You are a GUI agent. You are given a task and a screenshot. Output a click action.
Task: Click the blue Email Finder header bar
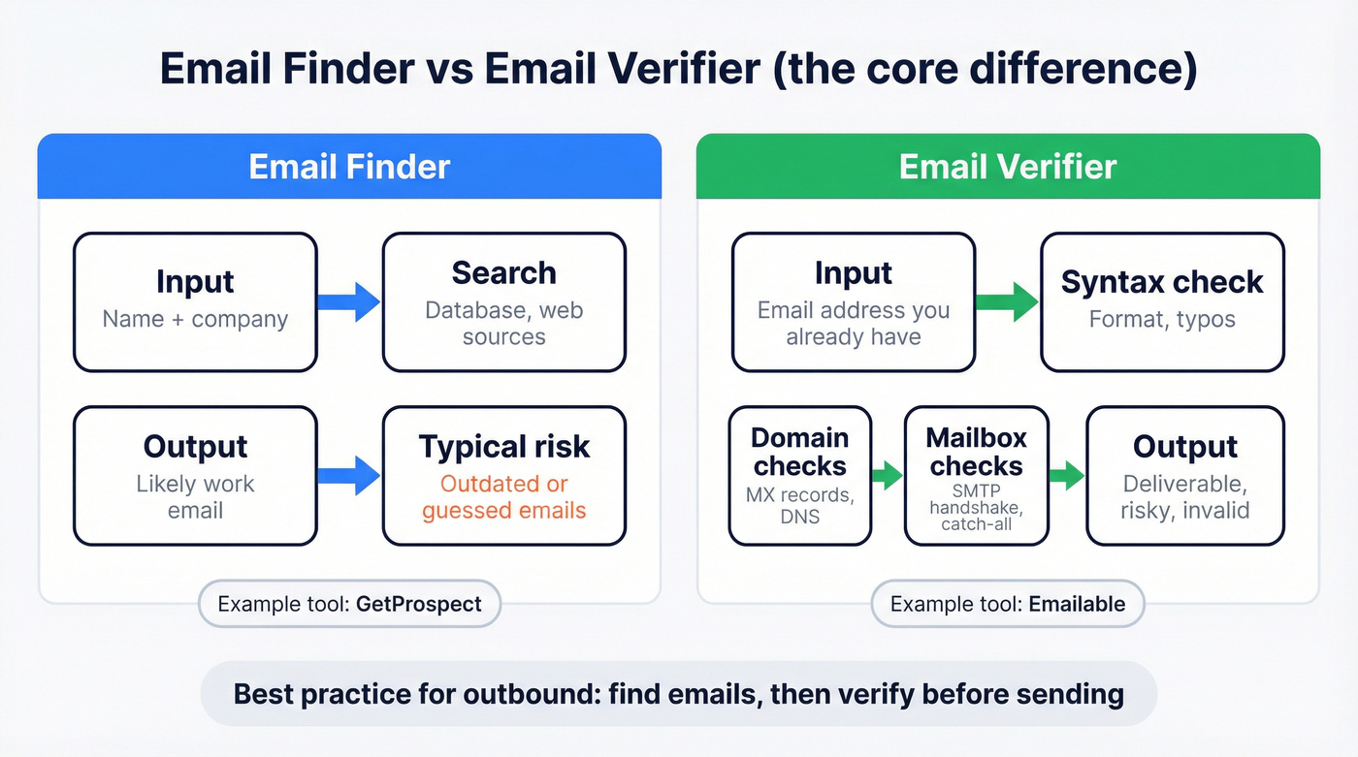pos(349,167)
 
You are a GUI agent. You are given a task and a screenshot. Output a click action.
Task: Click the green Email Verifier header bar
pos(1008,167)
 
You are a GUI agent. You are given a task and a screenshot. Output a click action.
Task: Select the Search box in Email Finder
pos(503,301)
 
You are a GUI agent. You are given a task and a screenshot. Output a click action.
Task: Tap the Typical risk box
pos(503,475)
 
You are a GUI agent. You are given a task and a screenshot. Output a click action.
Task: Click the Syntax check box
pos(1161,301)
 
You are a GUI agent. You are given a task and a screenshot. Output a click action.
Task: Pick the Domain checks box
pos(800,475)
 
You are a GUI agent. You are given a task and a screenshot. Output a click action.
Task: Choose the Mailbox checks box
pos(976,475)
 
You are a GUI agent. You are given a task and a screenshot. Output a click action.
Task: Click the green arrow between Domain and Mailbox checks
pos(887,475)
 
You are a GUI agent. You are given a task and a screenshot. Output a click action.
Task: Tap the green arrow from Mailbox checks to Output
pos(1066,475)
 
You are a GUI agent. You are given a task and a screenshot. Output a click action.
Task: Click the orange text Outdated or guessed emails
pos(503,497)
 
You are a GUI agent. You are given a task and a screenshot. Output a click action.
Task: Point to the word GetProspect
pos(418,604)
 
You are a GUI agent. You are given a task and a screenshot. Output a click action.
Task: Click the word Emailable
pos(1077,604)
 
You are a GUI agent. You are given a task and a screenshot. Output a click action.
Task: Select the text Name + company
pos(195,319)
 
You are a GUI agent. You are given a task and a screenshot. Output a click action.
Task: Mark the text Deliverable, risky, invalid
pos(1184,497)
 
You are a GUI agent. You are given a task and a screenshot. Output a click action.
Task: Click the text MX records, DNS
pos(800,505)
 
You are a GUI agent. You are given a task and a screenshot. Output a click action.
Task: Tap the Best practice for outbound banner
pos(678,694)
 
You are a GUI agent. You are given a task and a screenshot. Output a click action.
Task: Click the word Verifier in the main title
pos(674,71)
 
